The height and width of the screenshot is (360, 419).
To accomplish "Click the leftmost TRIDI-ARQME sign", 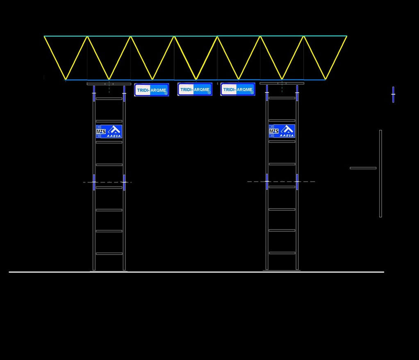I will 151,90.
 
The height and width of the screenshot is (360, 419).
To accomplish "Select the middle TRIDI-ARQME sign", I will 195,89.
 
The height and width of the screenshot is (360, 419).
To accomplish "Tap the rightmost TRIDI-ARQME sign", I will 238,89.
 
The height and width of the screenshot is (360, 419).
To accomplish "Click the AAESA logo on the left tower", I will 109,131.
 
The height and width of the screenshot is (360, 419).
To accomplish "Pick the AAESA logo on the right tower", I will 282,131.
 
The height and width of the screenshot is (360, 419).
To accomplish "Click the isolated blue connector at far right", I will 393,95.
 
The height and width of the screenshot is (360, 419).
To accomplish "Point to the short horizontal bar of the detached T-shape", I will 363,168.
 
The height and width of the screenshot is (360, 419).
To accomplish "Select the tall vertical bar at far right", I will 380,173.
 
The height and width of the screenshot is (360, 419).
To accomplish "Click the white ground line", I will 197,272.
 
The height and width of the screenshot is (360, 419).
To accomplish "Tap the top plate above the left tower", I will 109,84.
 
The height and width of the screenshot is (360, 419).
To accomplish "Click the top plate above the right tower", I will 282,83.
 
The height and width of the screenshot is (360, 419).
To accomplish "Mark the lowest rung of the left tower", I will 109,253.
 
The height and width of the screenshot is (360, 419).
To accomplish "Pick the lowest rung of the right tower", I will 282,253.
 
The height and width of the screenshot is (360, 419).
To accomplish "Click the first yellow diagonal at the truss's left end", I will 55,58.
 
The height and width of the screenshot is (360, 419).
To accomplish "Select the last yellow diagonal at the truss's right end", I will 336,58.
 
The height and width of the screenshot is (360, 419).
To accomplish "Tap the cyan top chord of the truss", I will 196,36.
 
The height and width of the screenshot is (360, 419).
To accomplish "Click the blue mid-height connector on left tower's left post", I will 94,182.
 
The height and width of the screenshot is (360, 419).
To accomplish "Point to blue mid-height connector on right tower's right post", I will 297,182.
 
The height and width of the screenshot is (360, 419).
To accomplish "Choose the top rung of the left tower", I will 109,98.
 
